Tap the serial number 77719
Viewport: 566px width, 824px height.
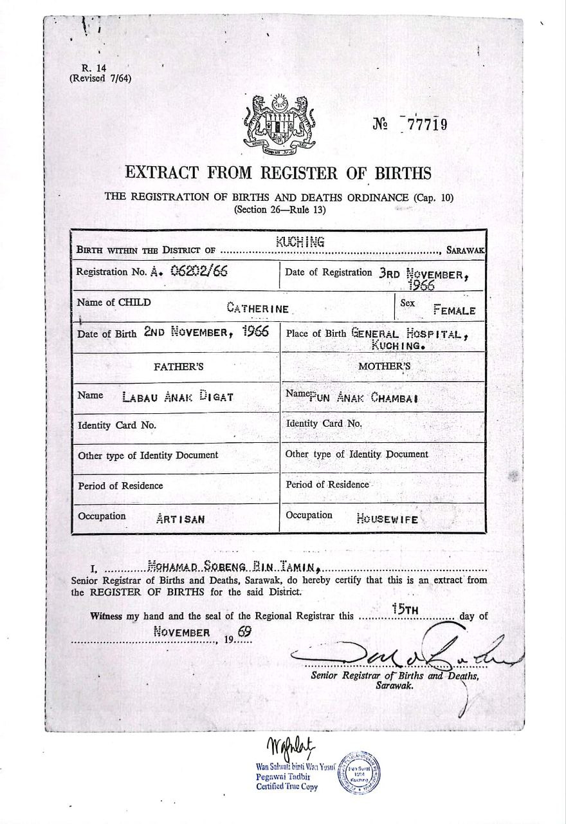pos(424,124)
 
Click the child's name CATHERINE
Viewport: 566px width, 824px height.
pos(257,308)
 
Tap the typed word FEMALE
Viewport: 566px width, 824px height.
pos(454,310)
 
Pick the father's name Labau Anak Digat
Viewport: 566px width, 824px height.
pos(177,397)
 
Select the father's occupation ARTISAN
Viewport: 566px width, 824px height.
pos(181,518)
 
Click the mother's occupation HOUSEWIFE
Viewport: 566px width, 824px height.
pos(387,519)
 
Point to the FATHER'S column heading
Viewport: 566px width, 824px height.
pos(178,368)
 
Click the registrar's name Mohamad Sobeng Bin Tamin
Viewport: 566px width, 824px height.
pos(234,566)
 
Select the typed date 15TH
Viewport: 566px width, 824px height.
pos(406,609)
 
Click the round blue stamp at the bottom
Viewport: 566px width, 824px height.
pos(360,772)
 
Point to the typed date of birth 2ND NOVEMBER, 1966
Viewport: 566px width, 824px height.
pos(206,333)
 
